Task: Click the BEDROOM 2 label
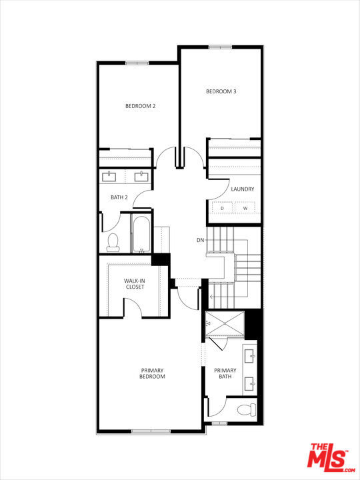pos(141,106)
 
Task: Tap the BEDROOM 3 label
pos(221,91)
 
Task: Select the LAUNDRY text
pos(242,189)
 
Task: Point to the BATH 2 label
pos(119,197)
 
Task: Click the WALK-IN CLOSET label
pos(134,284)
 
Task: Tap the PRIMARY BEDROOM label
pos(152,373)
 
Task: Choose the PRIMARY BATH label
pos(225,373)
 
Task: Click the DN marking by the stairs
pos(200,239)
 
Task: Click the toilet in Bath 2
pos(113,241)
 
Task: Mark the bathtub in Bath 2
pos(142,234)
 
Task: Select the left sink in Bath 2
pos(110,177)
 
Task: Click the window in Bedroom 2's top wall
pos(137,63)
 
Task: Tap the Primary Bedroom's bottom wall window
pos(151,431)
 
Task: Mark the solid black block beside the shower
pos(253,324)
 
